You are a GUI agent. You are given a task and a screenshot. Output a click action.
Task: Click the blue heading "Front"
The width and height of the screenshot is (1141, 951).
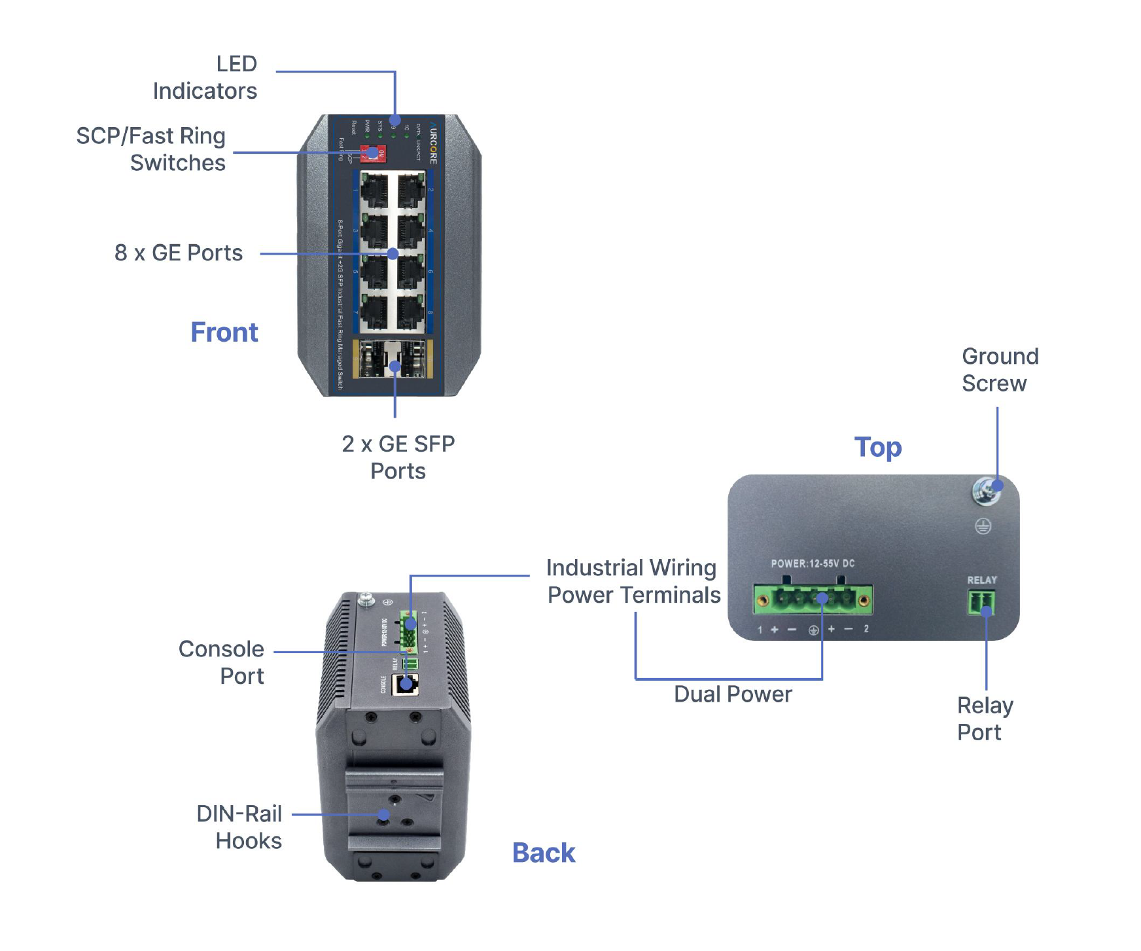click(x=224, y=332)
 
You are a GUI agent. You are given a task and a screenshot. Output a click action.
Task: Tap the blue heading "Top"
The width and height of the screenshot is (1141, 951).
click(x=878, y=447)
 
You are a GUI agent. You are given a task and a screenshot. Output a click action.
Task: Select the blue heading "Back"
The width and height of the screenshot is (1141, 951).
click(x=544, y=853)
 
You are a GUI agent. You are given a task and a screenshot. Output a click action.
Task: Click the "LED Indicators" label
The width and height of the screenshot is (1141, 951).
click(x=205, y=77)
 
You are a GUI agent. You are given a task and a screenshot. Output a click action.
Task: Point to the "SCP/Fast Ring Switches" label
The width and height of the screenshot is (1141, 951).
click(x=151, y=149)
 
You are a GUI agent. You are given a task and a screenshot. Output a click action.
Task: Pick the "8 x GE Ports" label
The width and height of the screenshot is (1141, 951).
click(x=179, y=253)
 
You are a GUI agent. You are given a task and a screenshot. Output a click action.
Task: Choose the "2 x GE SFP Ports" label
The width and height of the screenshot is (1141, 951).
click(x=398, y=457)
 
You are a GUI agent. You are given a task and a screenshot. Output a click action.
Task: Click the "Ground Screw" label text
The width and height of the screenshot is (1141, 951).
click(x=1000, y=370)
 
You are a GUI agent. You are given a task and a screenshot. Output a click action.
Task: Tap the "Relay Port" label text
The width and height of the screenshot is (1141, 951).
click(x=985, y=719)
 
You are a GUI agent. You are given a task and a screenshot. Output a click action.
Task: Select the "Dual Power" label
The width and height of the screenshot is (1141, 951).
click(x=733, y=694)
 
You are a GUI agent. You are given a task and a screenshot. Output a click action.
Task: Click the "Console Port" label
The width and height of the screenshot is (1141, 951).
click(x=221, y=662)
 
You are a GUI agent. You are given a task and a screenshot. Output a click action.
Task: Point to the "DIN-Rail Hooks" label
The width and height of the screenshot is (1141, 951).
click(x=239, y=827)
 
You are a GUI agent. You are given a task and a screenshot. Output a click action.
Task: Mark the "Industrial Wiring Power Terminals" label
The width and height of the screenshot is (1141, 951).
click(x=633, y=581)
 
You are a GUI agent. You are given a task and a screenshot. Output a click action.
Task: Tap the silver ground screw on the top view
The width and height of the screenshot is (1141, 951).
click(x=986, y=490)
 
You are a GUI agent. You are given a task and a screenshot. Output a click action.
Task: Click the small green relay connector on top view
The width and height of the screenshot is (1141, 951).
click(x=981, y=602)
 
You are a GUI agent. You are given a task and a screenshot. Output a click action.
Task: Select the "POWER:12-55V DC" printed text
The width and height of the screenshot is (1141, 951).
click(x=813, y=564)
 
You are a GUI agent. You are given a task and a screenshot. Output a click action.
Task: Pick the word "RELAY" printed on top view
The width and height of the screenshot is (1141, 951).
click(x=982, y=580)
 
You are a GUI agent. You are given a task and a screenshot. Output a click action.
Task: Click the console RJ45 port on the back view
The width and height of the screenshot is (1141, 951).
click(x=405, y=685)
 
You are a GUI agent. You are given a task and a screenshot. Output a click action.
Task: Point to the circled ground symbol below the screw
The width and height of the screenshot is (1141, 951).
click(x=983, y=526)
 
